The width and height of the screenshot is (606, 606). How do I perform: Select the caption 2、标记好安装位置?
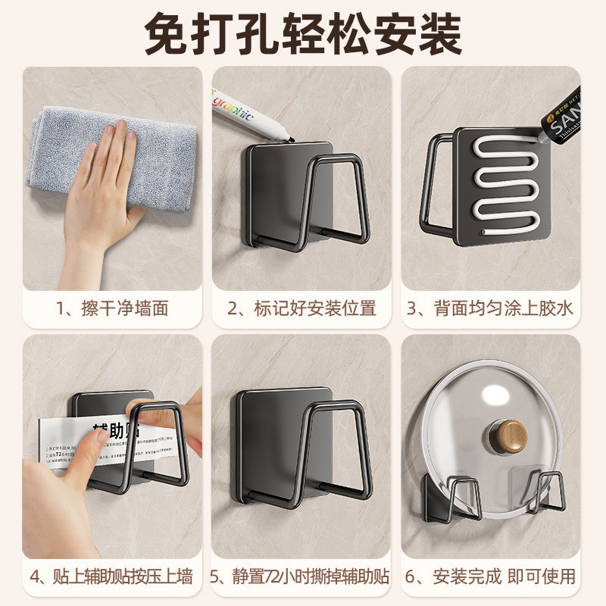(302, 308)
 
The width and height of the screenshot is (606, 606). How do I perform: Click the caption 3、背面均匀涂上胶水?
(492, 308)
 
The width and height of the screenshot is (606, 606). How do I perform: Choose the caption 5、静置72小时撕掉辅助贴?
(302, 576)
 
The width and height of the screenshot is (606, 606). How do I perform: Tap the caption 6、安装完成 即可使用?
(492, 576)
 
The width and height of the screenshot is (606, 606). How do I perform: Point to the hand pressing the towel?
(110, 182)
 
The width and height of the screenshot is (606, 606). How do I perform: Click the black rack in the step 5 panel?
(303, 447)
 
